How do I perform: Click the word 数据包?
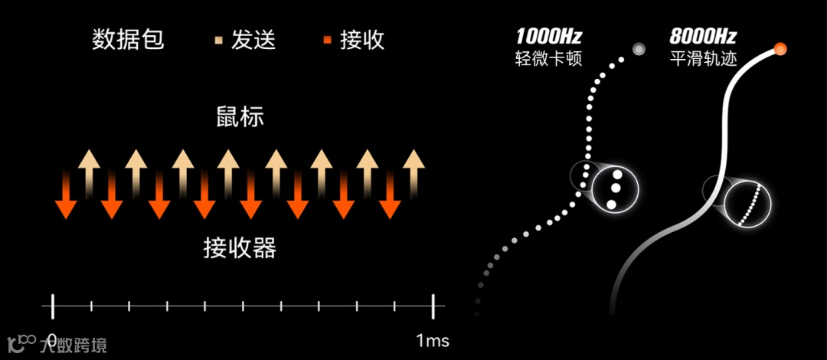click(128, 40)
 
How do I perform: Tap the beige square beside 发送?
click(218, 40)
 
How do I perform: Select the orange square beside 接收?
click(327, 40)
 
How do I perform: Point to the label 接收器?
click(240, 248)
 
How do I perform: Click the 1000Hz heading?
click(549, 36)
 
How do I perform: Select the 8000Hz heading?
click(703, 36)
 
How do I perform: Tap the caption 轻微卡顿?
click(549, 59)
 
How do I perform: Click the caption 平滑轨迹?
click(703, 59)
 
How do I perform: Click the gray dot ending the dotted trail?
click(639, 50)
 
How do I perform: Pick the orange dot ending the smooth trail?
click(780, 50)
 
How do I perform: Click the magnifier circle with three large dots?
click(614, 188)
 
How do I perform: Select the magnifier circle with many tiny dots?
click(747, 205)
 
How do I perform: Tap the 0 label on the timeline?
click(52, 339)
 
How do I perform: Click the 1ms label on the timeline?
click(433, 339)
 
